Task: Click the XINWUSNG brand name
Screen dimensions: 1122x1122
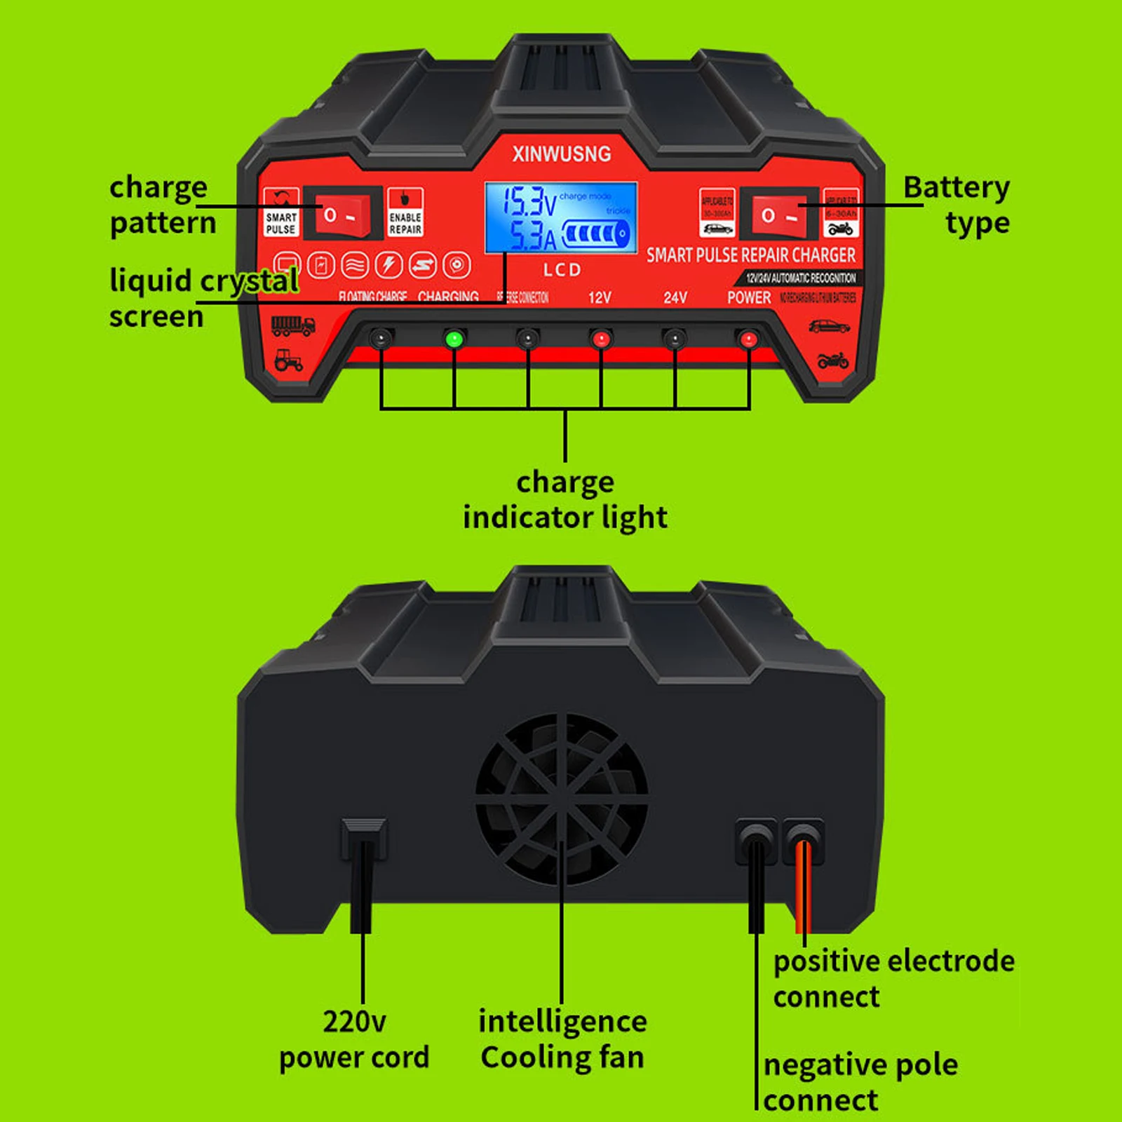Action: click(x=561, y=154)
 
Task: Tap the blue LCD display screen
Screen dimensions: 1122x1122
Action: click(x=561, y=217)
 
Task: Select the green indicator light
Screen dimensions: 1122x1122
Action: click(x=454, y=339)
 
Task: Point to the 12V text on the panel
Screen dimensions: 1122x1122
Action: click(x=600, y=298)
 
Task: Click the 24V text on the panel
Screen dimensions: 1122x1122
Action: click(x=675, y=298)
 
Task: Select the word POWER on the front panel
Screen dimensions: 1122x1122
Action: click(x=749, y=298)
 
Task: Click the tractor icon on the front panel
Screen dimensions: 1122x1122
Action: click(x=288, y=360)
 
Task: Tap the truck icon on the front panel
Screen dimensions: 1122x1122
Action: click(x=292, y=326)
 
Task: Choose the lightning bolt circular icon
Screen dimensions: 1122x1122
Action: click(x=388, y=265)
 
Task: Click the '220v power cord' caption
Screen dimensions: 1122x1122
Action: click(x=354, y=1039)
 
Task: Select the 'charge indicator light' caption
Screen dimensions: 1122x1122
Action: click(x=565, y=500)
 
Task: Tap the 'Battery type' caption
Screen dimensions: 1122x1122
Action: click(x=957, y=205)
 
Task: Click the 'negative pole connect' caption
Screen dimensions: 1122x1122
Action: click(x=860, y=1083)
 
